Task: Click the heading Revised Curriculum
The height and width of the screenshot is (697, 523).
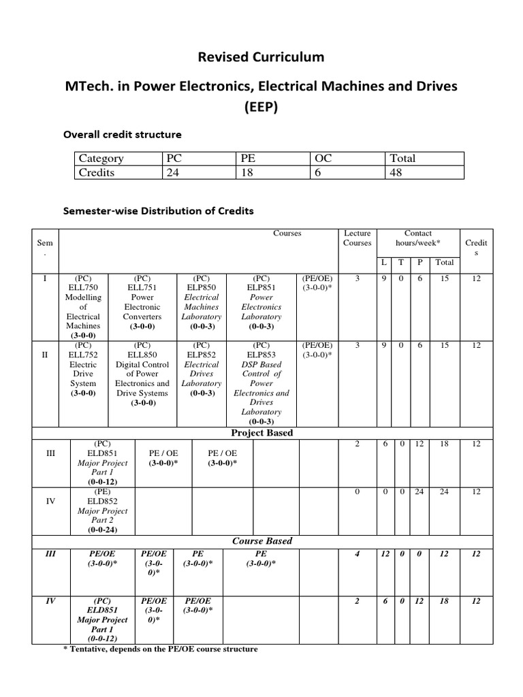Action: (x=261, y=56)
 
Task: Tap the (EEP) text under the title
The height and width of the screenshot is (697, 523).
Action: (x=261, y=108)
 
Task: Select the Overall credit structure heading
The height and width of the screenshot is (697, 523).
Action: (x=122, y=134)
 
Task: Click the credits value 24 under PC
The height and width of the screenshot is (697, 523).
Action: (x=173, y=172)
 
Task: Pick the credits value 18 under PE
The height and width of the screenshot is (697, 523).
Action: (x=247, y=172)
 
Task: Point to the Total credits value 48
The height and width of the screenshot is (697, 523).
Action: (x=396, y=172)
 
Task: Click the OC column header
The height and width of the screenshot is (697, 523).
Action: (x=323, y=159)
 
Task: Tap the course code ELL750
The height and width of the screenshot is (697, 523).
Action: (x=82, y=288)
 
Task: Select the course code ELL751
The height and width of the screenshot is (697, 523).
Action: (x=142, y=288)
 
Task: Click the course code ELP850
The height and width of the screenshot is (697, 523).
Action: (x=201, y=288)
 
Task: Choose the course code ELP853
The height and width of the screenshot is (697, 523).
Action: (x=261, y=355)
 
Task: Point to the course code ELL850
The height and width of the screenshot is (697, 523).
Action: (x=142, y=355)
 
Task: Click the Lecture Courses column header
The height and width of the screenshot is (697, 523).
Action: (x=358, y=238)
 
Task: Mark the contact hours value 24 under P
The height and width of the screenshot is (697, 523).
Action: (x=419, y=491)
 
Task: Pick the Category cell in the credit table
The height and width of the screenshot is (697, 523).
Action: (x=101, y=159)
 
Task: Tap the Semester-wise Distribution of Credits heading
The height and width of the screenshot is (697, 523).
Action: (x=158, y=211)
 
